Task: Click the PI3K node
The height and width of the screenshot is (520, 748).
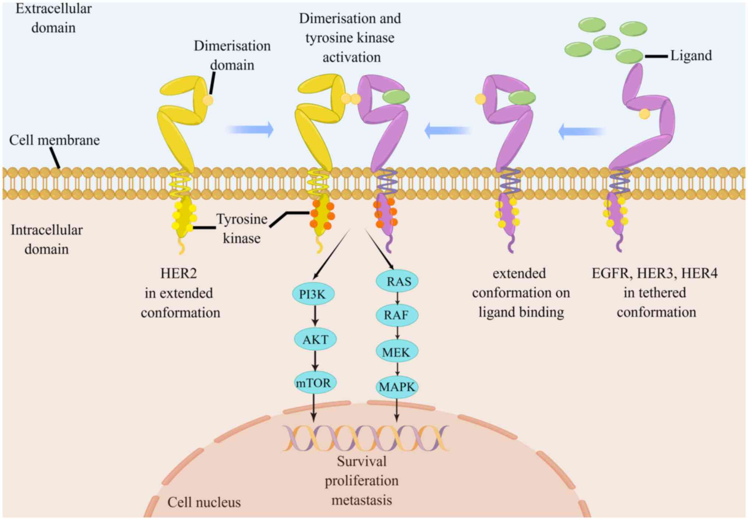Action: click(x=313, y=294)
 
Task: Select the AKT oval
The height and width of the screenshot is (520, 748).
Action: click(x=315, y=339)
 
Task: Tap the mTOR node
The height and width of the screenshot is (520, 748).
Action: click(x=314, y=383)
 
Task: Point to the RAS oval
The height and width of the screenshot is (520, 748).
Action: click(x=397, y=282)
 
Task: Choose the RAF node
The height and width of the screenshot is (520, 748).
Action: click(x=397, y=315)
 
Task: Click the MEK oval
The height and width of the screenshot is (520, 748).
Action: click(x=397, y=352)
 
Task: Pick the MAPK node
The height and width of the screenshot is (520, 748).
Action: click(x=397, y=387)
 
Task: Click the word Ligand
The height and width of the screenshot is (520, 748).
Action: click(x=691, y=56)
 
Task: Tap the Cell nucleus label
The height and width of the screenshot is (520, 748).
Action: click(x=204, y=502)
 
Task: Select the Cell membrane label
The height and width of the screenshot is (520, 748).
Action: click(x=54, y=140)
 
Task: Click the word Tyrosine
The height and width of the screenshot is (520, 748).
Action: click(x=242, y=219)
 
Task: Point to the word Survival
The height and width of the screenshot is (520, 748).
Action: click(x=362, y=461)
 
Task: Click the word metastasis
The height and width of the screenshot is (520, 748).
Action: click(x=362, y=500)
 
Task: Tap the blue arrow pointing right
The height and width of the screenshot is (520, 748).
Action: click(x=250, y=130)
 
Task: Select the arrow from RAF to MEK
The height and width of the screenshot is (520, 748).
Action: click(x=397, y=333)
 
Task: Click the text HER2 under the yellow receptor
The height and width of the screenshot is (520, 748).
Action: click(x=179, y=273)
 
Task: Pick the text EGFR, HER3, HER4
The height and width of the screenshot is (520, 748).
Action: click(x=654, y=273)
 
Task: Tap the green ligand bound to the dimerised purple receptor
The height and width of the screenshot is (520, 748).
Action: click(x=396, y=97)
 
